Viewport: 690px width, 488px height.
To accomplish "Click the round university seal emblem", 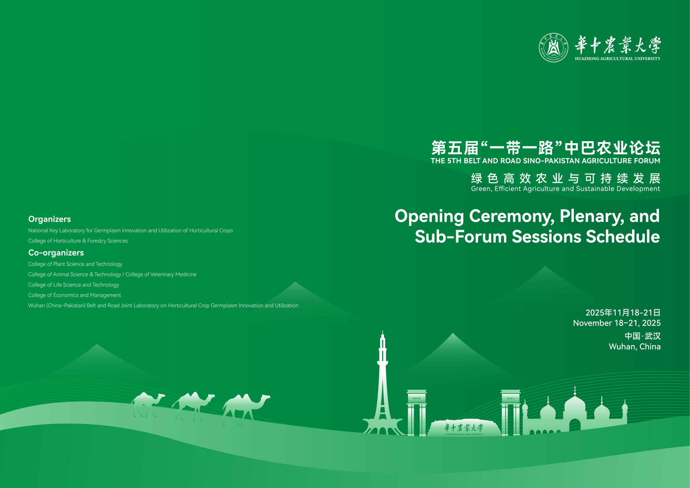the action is coord(553,48).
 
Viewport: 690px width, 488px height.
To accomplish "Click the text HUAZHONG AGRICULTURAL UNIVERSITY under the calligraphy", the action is coord(618,59).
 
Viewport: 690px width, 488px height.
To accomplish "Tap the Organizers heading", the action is coord(50,219).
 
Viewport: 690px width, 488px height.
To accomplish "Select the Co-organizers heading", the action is coord(56,253).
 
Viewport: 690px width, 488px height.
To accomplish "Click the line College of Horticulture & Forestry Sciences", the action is coord(78,241).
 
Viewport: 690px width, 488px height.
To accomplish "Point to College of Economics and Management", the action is coord(74,295).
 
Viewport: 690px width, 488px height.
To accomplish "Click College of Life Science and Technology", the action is coord(74,285).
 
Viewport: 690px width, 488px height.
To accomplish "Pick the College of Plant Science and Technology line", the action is coord(75,264).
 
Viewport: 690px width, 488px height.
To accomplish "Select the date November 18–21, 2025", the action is coord(617,323).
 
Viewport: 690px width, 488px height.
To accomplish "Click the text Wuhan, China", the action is coord(635,347).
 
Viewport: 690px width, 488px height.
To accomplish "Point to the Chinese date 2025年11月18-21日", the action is coord(623,313).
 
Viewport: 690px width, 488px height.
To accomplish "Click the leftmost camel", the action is coord(147,404).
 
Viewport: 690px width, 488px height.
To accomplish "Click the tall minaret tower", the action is coord(382,384).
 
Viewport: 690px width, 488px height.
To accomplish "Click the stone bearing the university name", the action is coord(464,428).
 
